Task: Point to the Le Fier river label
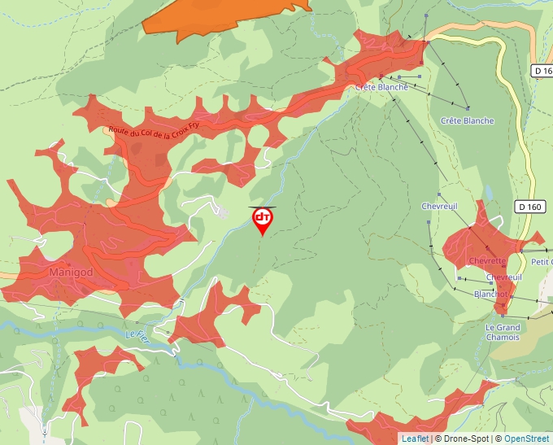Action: pyautogui.click(x=137, y=334)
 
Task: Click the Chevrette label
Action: pyautogui.click(x=487, y=261)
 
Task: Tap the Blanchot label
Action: pyautogui.click(x=490, y=294)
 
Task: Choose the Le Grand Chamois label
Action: pyautogui.click(x=503, y=332)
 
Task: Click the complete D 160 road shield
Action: pyautogui.click(x=529, y=207)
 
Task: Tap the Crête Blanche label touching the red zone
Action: pyautogui.click(x=381, y=87)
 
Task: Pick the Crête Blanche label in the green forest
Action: pyautogui.click(x=467, y=121)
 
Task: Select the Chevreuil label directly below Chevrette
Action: pyautogui.click(x=503, y=277)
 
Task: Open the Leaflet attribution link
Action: pyautogui.click(x=415, y=438)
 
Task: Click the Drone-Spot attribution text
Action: pyautogui.click(x=464, y=438)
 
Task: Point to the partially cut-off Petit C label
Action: pyautogui.click(x=541, y=262)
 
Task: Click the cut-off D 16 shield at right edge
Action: pyautogui.click(x=543, y=72)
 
